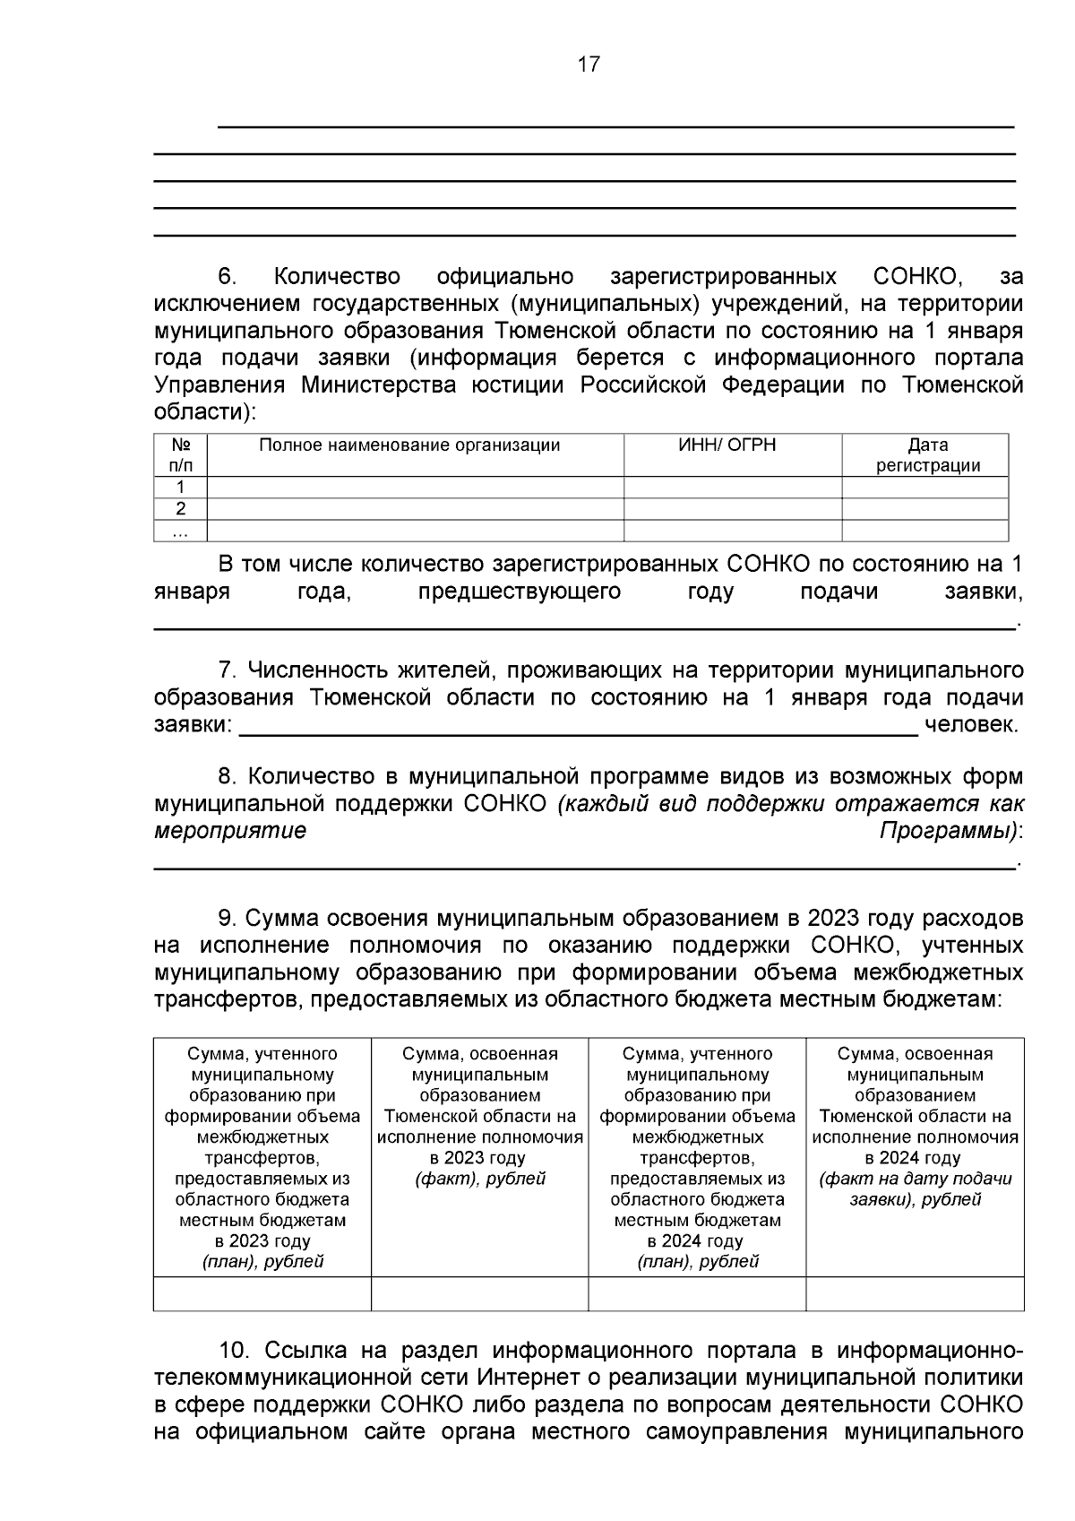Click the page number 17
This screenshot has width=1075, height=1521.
[589, 65]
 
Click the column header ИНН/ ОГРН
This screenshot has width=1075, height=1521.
[727, 445]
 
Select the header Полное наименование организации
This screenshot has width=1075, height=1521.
[409, 445]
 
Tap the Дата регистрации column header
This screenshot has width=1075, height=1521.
[927, 455]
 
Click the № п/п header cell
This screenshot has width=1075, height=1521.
[180, 455]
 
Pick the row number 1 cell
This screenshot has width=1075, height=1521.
[180, 488]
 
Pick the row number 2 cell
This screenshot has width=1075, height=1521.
[180, 509]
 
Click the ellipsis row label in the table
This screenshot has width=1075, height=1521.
[180, 531]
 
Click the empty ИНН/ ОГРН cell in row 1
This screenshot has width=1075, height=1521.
[732, 488]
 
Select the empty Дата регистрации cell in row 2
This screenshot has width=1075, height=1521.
[924, 509]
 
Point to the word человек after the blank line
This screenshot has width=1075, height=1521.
[971, 725]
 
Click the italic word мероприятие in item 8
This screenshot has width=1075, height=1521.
[230, 831]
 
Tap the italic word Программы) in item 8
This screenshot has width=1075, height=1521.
[949, 831]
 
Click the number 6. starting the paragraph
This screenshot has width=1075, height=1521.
[228, 276]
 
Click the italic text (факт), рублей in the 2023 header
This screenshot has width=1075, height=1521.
[480, 1179]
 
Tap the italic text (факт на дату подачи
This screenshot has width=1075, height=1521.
[915, 1179]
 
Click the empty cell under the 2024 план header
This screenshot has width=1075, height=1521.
[697, 1294]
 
